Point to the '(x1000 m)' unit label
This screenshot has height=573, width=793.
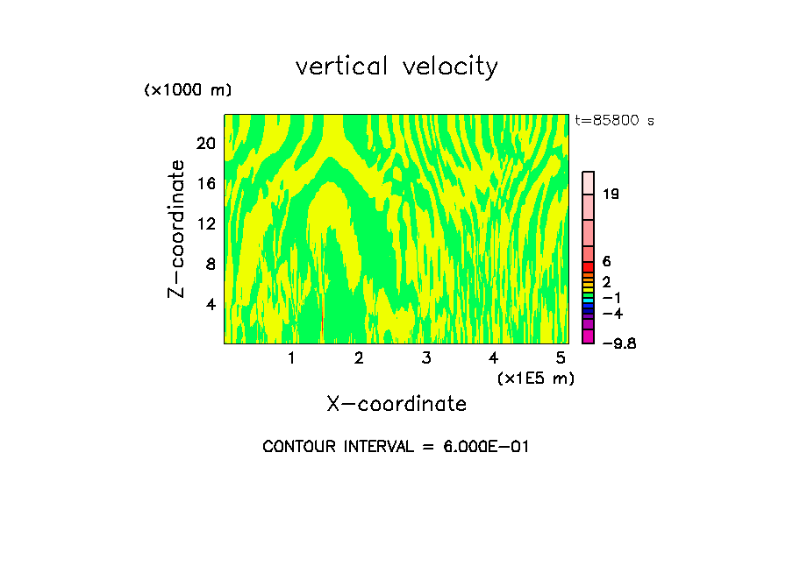188,90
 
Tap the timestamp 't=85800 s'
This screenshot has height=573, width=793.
614,121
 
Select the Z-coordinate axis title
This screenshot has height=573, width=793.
177,229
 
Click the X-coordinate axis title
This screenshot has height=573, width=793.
396,404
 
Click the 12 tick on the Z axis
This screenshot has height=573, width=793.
205,223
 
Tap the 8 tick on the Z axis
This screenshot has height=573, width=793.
210,264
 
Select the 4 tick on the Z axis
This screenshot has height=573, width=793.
210,305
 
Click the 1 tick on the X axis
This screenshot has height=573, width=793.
291,358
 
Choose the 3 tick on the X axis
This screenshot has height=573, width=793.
425,358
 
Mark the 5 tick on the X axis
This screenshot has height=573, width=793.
561,358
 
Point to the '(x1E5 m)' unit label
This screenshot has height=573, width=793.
535,378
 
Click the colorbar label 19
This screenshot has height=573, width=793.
611,194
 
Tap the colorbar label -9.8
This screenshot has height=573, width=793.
618,343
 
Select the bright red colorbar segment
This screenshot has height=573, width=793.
589,266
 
